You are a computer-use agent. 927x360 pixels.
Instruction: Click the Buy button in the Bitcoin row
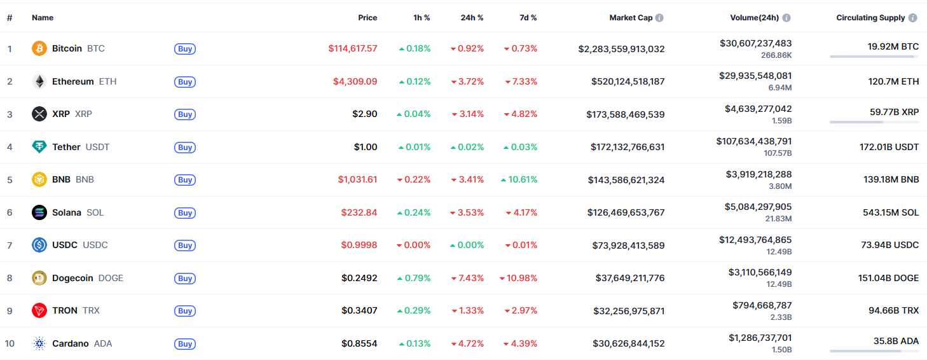[x=184, y=49]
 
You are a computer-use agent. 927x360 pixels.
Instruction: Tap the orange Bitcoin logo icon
[x=39, y=48]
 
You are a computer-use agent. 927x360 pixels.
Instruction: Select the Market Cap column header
[x=631, y=18]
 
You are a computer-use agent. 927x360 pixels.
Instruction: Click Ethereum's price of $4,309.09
[x=355, y=81]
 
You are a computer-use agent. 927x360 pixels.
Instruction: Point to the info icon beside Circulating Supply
[x=913, y=18]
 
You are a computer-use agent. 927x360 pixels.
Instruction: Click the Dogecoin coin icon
[x=39, y=278]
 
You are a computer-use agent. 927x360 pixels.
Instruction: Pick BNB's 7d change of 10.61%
[x=519, y=179]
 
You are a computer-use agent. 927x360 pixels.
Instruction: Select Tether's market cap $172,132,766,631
[x=628, y=147]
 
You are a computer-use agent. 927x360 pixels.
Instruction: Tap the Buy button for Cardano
[x=184, y=344]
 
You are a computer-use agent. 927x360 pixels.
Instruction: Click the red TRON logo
[x=39, y=310]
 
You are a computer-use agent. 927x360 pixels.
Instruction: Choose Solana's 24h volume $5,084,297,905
[x=759, y=206]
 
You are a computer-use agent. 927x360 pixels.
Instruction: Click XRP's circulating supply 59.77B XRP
[x=894, y=112]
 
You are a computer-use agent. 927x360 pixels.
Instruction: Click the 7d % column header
[x=528, y=18]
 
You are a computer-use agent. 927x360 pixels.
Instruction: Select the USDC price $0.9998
[x=359, y=245]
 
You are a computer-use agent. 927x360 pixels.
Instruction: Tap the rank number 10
[x=10, y=343]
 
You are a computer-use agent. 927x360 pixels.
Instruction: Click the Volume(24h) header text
[x=754, y=18]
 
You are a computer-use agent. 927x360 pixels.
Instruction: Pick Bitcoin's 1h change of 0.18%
[x=415, y=48]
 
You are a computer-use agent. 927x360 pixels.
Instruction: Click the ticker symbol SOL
[x=95, y=212]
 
